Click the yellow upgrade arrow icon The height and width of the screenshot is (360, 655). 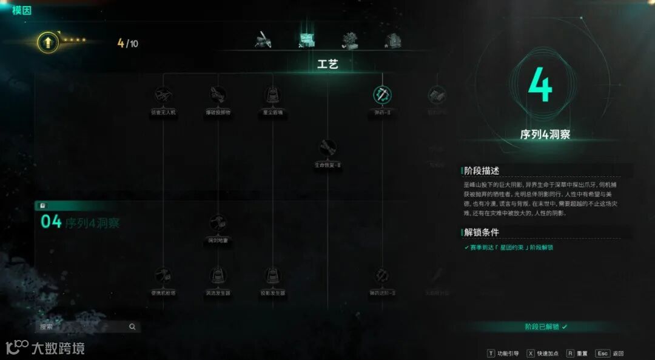click(47, 42)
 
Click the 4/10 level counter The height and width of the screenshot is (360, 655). click(128, 43)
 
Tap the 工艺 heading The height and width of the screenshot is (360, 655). click(327, 64)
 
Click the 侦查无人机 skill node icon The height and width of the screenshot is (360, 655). click(163, 95)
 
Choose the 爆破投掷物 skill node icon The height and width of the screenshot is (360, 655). click(218, 95)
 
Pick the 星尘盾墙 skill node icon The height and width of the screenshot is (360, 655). click(272, 95)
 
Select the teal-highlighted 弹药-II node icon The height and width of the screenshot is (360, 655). click(382, 95)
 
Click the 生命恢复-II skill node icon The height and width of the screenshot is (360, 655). click(327, 147)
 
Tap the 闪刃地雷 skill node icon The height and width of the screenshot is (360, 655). click(218, 222)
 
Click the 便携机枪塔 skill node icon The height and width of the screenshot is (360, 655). click(163, 276)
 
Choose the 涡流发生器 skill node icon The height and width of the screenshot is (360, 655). click(218, 276)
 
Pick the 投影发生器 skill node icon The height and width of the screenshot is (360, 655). click(272, 276)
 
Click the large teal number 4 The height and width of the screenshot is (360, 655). click(540, 85)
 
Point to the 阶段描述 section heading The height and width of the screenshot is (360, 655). click(482, 171)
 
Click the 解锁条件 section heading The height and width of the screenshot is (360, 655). click(482, 233)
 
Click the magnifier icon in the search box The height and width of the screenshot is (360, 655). click(132, 327)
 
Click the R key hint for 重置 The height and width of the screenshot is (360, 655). click(570, 353)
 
